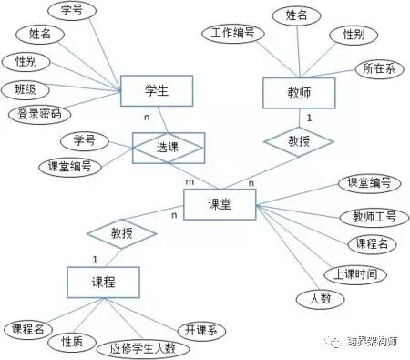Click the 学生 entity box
pyautogui.click(x=158, y=90)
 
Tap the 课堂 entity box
pyautogui.click(x=220, y=205)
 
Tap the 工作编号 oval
pyautogui.click(x=232, y=34)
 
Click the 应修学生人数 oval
pyautogui.click(x=143, y=348)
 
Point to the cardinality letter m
pyautogui.click(x=190, y=182)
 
